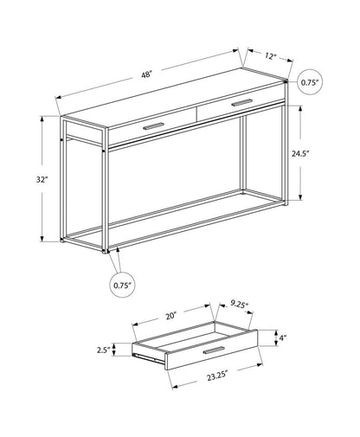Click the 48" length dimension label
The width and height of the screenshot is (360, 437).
pos(147,74)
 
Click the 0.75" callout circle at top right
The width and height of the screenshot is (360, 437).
pos(310,82)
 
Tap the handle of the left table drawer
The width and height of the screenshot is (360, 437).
pos(155,127)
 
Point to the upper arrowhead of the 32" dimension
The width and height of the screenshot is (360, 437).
pos(42,120)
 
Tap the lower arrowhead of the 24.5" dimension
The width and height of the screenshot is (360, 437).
pos(301,198)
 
